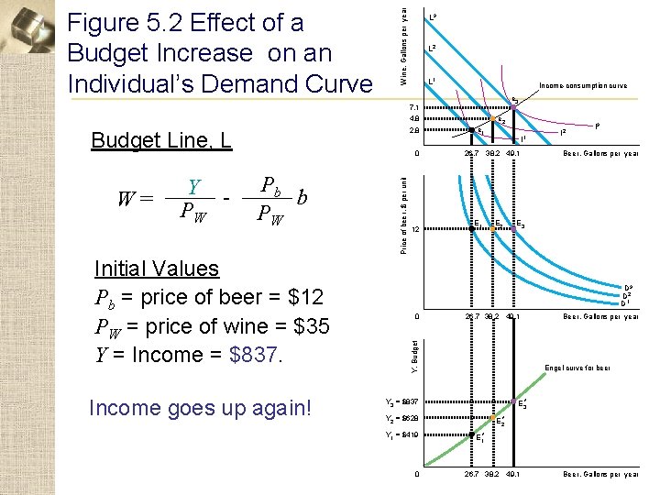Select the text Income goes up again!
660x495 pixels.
[200, 408]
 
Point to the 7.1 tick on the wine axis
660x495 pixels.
[413, 107]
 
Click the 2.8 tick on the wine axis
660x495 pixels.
[413, 131]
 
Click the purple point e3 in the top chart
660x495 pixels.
[514, 108]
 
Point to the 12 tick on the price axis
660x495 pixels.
[414, 229]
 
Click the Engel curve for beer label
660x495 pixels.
[577, 368]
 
